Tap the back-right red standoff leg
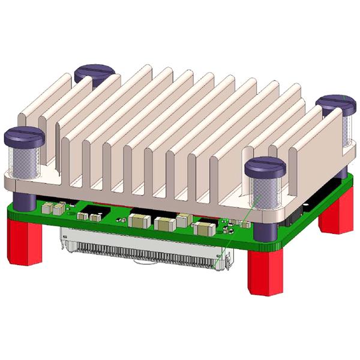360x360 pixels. coord(335,213)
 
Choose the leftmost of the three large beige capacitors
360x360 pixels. coord(139,220)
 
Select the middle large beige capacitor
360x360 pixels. coord(164,224)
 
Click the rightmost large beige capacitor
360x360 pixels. coord(204,227)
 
